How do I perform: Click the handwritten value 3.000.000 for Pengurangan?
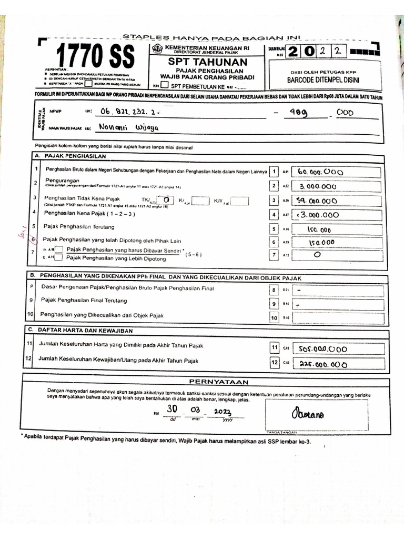pyautogui.click(x=318, y=186)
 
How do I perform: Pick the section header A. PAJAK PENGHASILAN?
pyautogui.click(x=70, y=156)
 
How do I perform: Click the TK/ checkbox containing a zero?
pyautogui.click(x=166, y=200)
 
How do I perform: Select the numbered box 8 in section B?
pyautogui.click(x=274, y=290)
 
